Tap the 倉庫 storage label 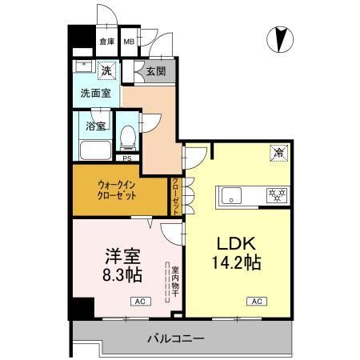pyautogui.click(x=106, y=42)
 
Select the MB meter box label pyautogui.click(x=129, y=42)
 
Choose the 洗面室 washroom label pyautogui.click(x=96, y=93)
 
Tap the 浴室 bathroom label pyautogui.click(x=96, y=126)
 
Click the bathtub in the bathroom pyautogui.click(x=94, y=150)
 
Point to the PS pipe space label pyautogui.click(x=126, y=158)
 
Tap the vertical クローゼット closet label pyautogui.click(x=176, y=195)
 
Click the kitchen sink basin pyautogui.click(x=230, y=194)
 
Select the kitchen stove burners pyautogui.click(x=276, y=194)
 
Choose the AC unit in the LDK pyautogui.click(x=256, y=301)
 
